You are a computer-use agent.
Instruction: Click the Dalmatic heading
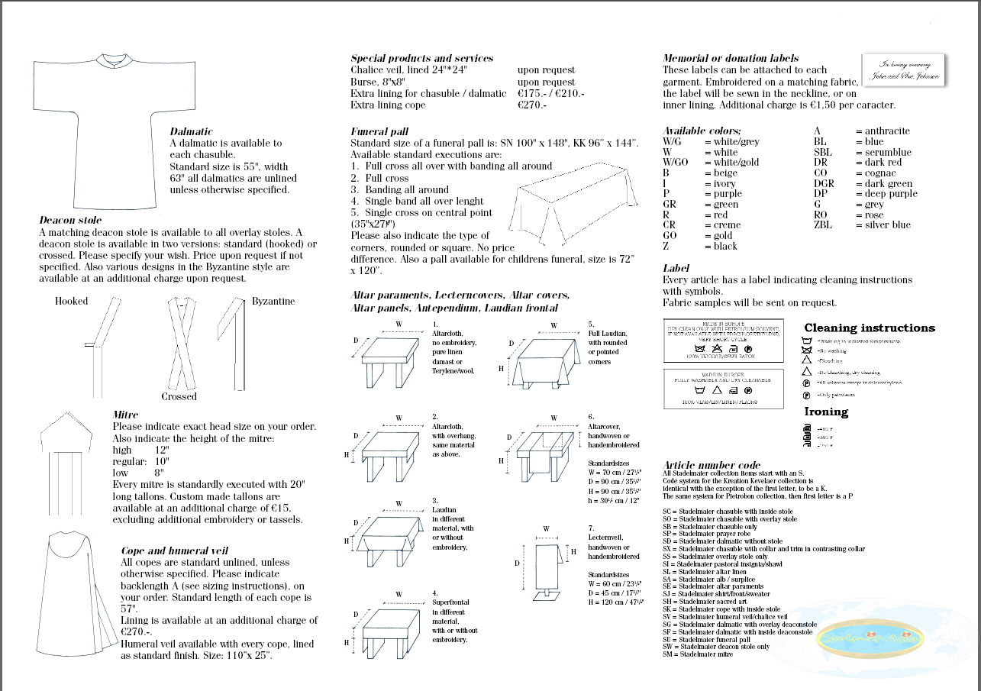coord(191,131)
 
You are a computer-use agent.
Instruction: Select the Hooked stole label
coord(71,301)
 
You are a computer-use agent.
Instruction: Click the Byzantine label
coord(273,301)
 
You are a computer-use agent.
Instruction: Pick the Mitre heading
coord(125,415)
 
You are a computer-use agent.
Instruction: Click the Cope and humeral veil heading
coord(175,551)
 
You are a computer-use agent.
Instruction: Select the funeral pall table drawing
coord(560,207)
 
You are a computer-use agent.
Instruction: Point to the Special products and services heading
coord(421,58)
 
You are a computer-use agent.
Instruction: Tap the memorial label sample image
coord(904,71)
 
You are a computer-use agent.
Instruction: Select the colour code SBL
coord(824,152)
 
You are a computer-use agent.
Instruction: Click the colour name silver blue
coord(888,224)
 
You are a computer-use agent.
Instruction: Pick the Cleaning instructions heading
coord(869,328)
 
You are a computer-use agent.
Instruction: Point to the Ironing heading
coord(826,412)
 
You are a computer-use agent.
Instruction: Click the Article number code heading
coord(712,465)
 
